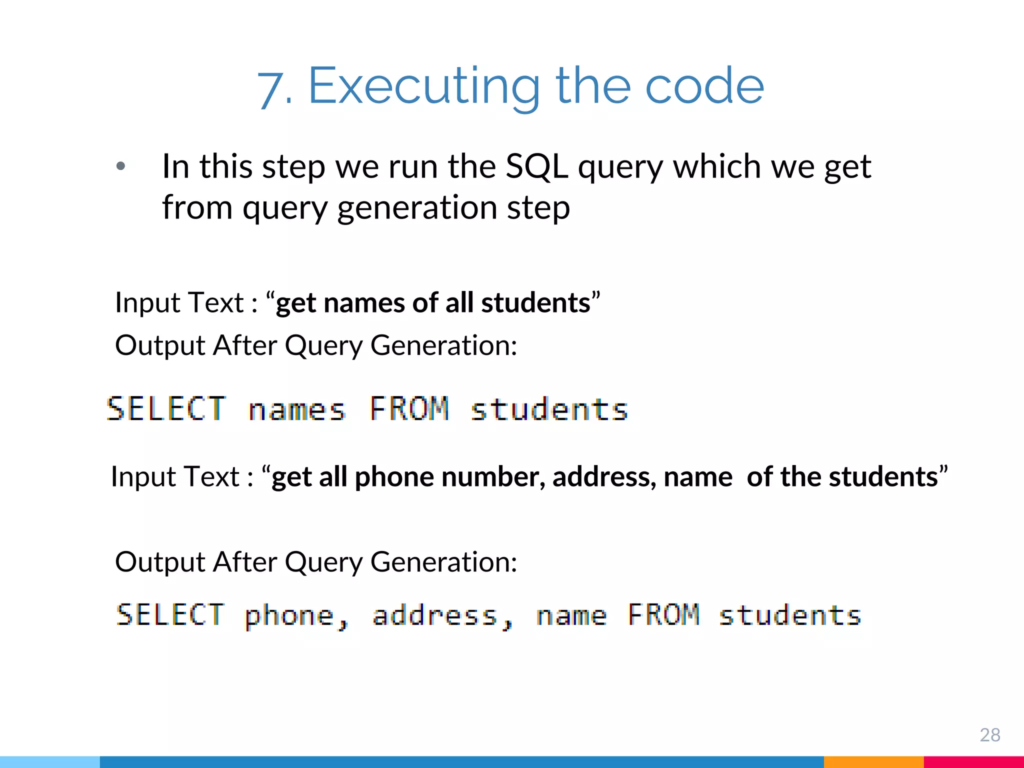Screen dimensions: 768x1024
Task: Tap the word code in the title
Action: click(x=704, y=86)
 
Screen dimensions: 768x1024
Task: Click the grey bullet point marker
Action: click(x=120, y=166)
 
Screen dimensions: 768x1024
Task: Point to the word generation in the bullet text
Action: click(x=417, y=207)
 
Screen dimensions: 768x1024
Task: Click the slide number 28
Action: click(x=989, y=734)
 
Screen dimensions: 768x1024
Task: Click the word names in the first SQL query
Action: click(x=297, y=409)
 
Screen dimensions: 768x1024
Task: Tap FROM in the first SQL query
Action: click(x=409, y=408)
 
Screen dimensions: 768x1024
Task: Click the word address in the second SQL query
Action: click(x=435, y=615)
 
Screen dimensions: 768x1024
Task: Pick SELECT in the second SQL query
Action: click(x=170, y=615)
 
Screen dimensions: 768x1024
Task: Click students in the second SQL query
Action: click(x=790, y=615)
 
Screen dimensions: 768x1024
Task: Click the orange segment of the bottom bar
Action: click(x=873, y=762)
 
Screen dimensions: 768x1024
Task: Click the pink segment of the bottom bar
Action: click(x=973, y=762)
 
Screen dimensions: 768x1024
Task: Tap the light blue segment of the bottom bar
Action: click(x=50, y=762)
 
